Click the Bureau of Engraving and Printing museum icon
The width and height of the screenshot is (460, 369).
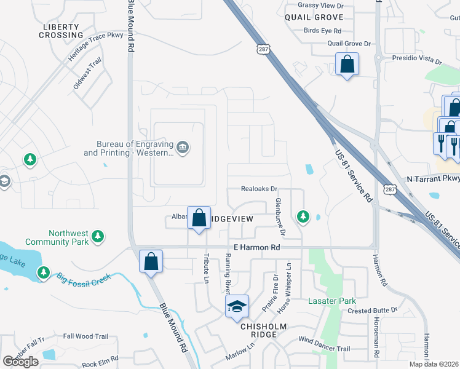click(183, 147)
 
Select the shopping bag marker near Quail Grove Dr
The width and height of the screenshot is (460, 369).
click(347, 64)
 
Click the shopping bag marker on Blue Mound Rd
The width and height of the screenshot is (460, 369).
click(151, 262)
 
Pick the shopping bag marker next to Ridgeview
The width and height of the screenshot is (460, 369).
click(199, 218)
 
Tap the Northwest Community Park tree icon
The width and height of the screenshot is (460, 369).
click(97, 236)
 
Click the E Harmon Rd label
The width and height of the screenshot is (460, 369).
click(254, 247)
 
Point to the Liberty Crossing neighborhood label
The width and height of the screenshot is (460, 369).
click(61, 31)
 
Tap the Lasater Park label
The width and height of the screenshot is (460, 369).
click(332, 301)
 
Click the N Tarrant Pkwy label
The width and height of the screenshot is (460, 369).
click(433, 178)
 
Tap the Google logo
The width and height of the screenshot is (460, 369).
click(20, 362)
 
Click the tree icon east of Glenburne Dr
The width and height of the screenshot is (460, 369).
click(303, 216)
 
